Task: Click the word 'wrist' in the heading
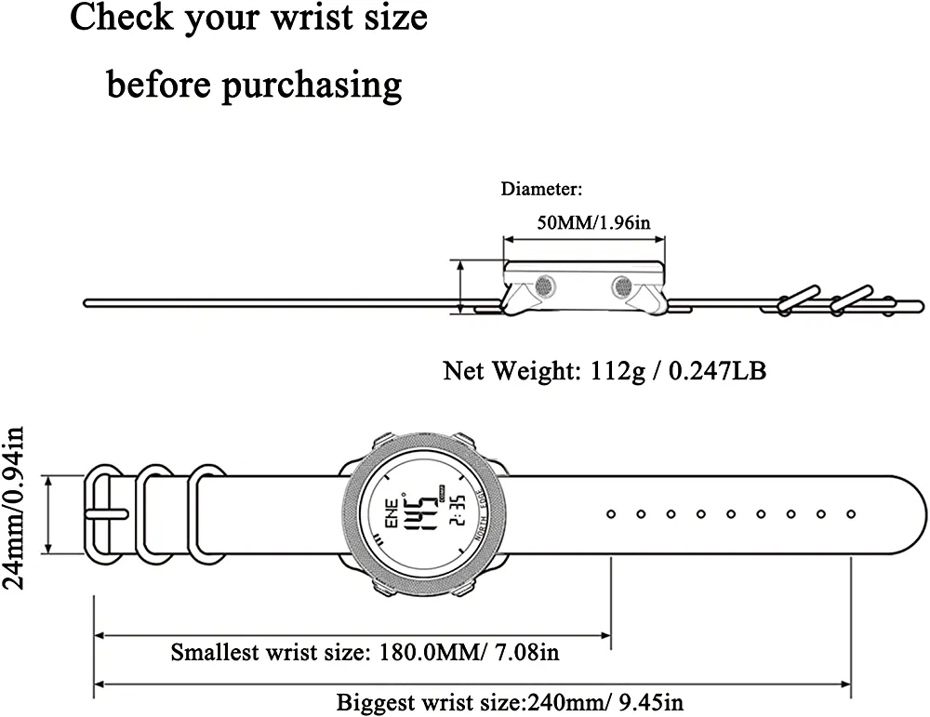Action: pos(313,18)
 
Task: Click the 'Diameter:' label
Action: pos(541,190)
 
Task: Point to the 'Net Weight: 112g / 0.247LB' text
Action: pos(604,372)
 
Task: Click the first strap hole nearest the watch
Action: pos(611,513)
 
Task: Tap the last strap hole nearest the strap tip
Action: pos(851,513)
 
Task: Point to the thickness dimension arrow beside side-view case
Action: pos(461,285)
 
